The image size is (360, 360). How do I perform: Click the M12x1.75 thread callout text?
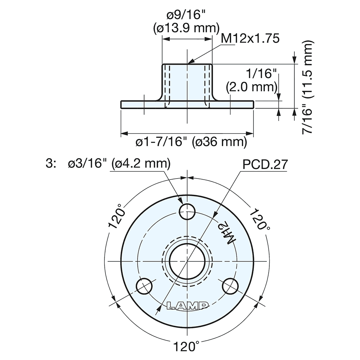[x=250, y=39]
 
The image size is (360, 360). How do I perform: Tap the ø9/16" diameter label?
[x=186, y=15]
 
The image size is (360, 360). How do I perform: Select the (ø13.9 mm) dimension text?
[x=186, y=28]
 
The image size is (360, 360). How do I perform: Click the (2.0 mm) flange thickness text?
[x=252, y=87]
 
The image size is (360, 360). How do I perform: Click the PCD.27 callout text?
[x=265, y=165]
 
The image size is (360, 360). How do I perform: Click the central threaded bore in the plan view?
[x=188, y=260]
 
